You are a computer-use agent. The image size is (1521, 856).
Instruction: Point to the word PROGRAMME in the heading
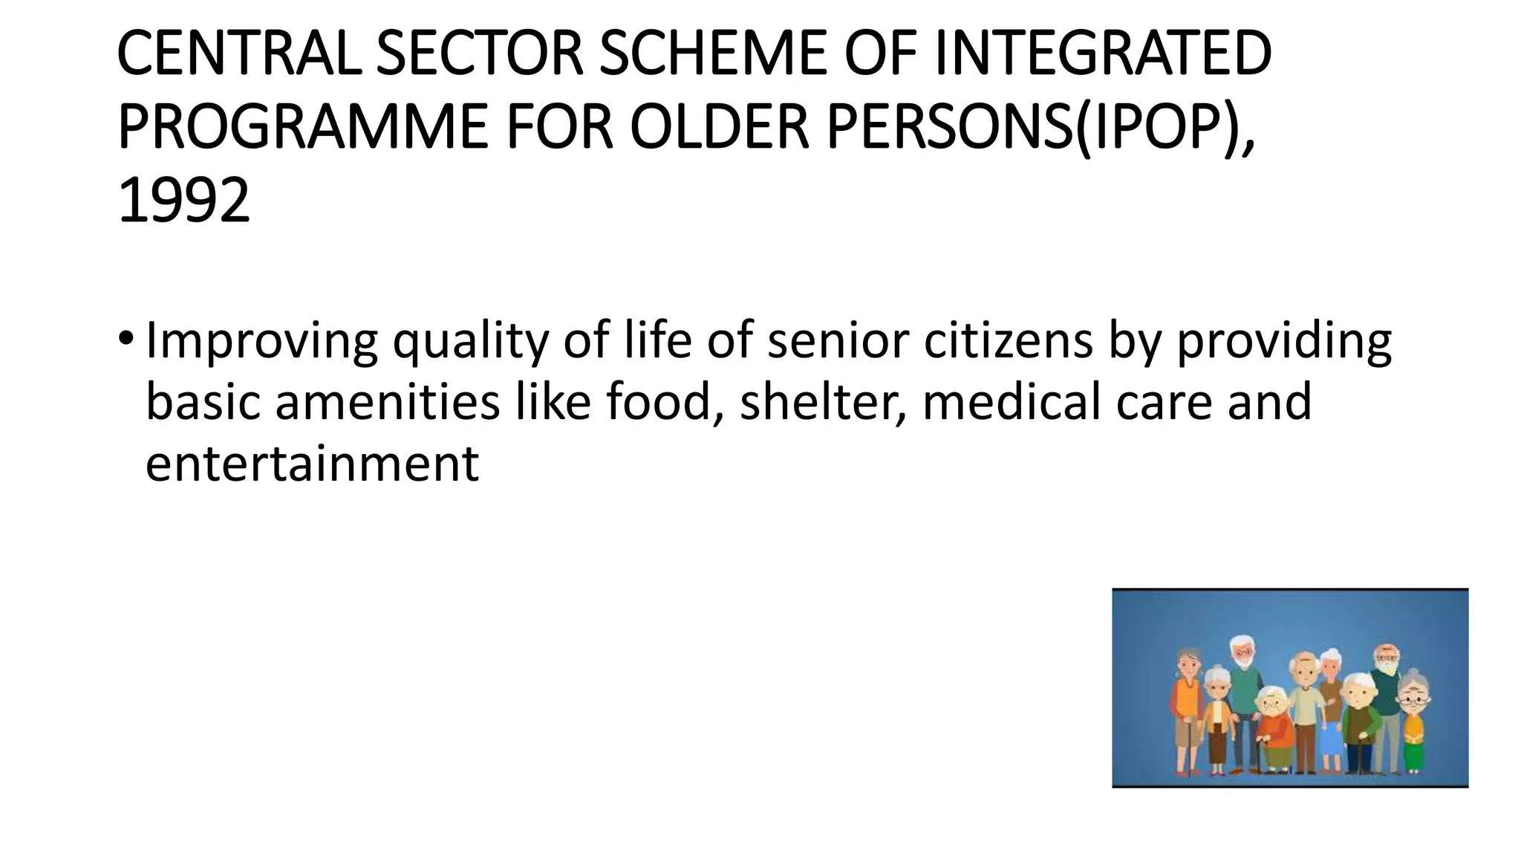pos(302,127)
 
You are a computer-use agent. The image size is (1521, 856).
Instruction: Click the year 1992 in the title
pos(183,201)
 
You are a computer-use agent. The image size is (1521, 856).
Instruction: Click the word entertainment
pos(312,464)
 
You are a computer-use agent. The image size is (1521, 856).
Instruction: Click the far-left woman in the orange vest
pos(1187,710)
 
